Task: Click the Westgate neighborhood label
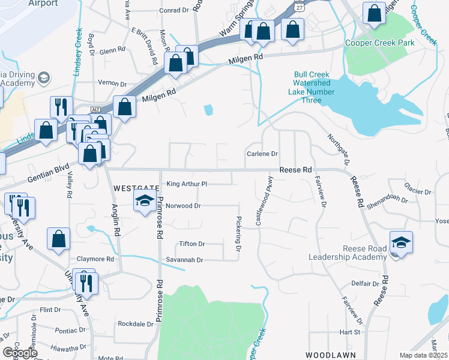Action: click(136, 188)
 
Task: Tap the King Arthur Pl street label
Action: click(187, 184)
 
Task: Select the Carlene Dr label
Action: click(262, 154)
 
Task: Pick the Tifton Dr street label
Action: click(192, 244)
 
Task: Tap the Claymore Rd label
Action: click(95, 259)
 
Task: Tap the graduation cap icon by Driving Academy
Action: click(44, 78)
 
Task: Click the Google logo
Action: click(20, 352)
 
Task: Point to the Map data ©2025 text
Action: click(424, 355)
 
